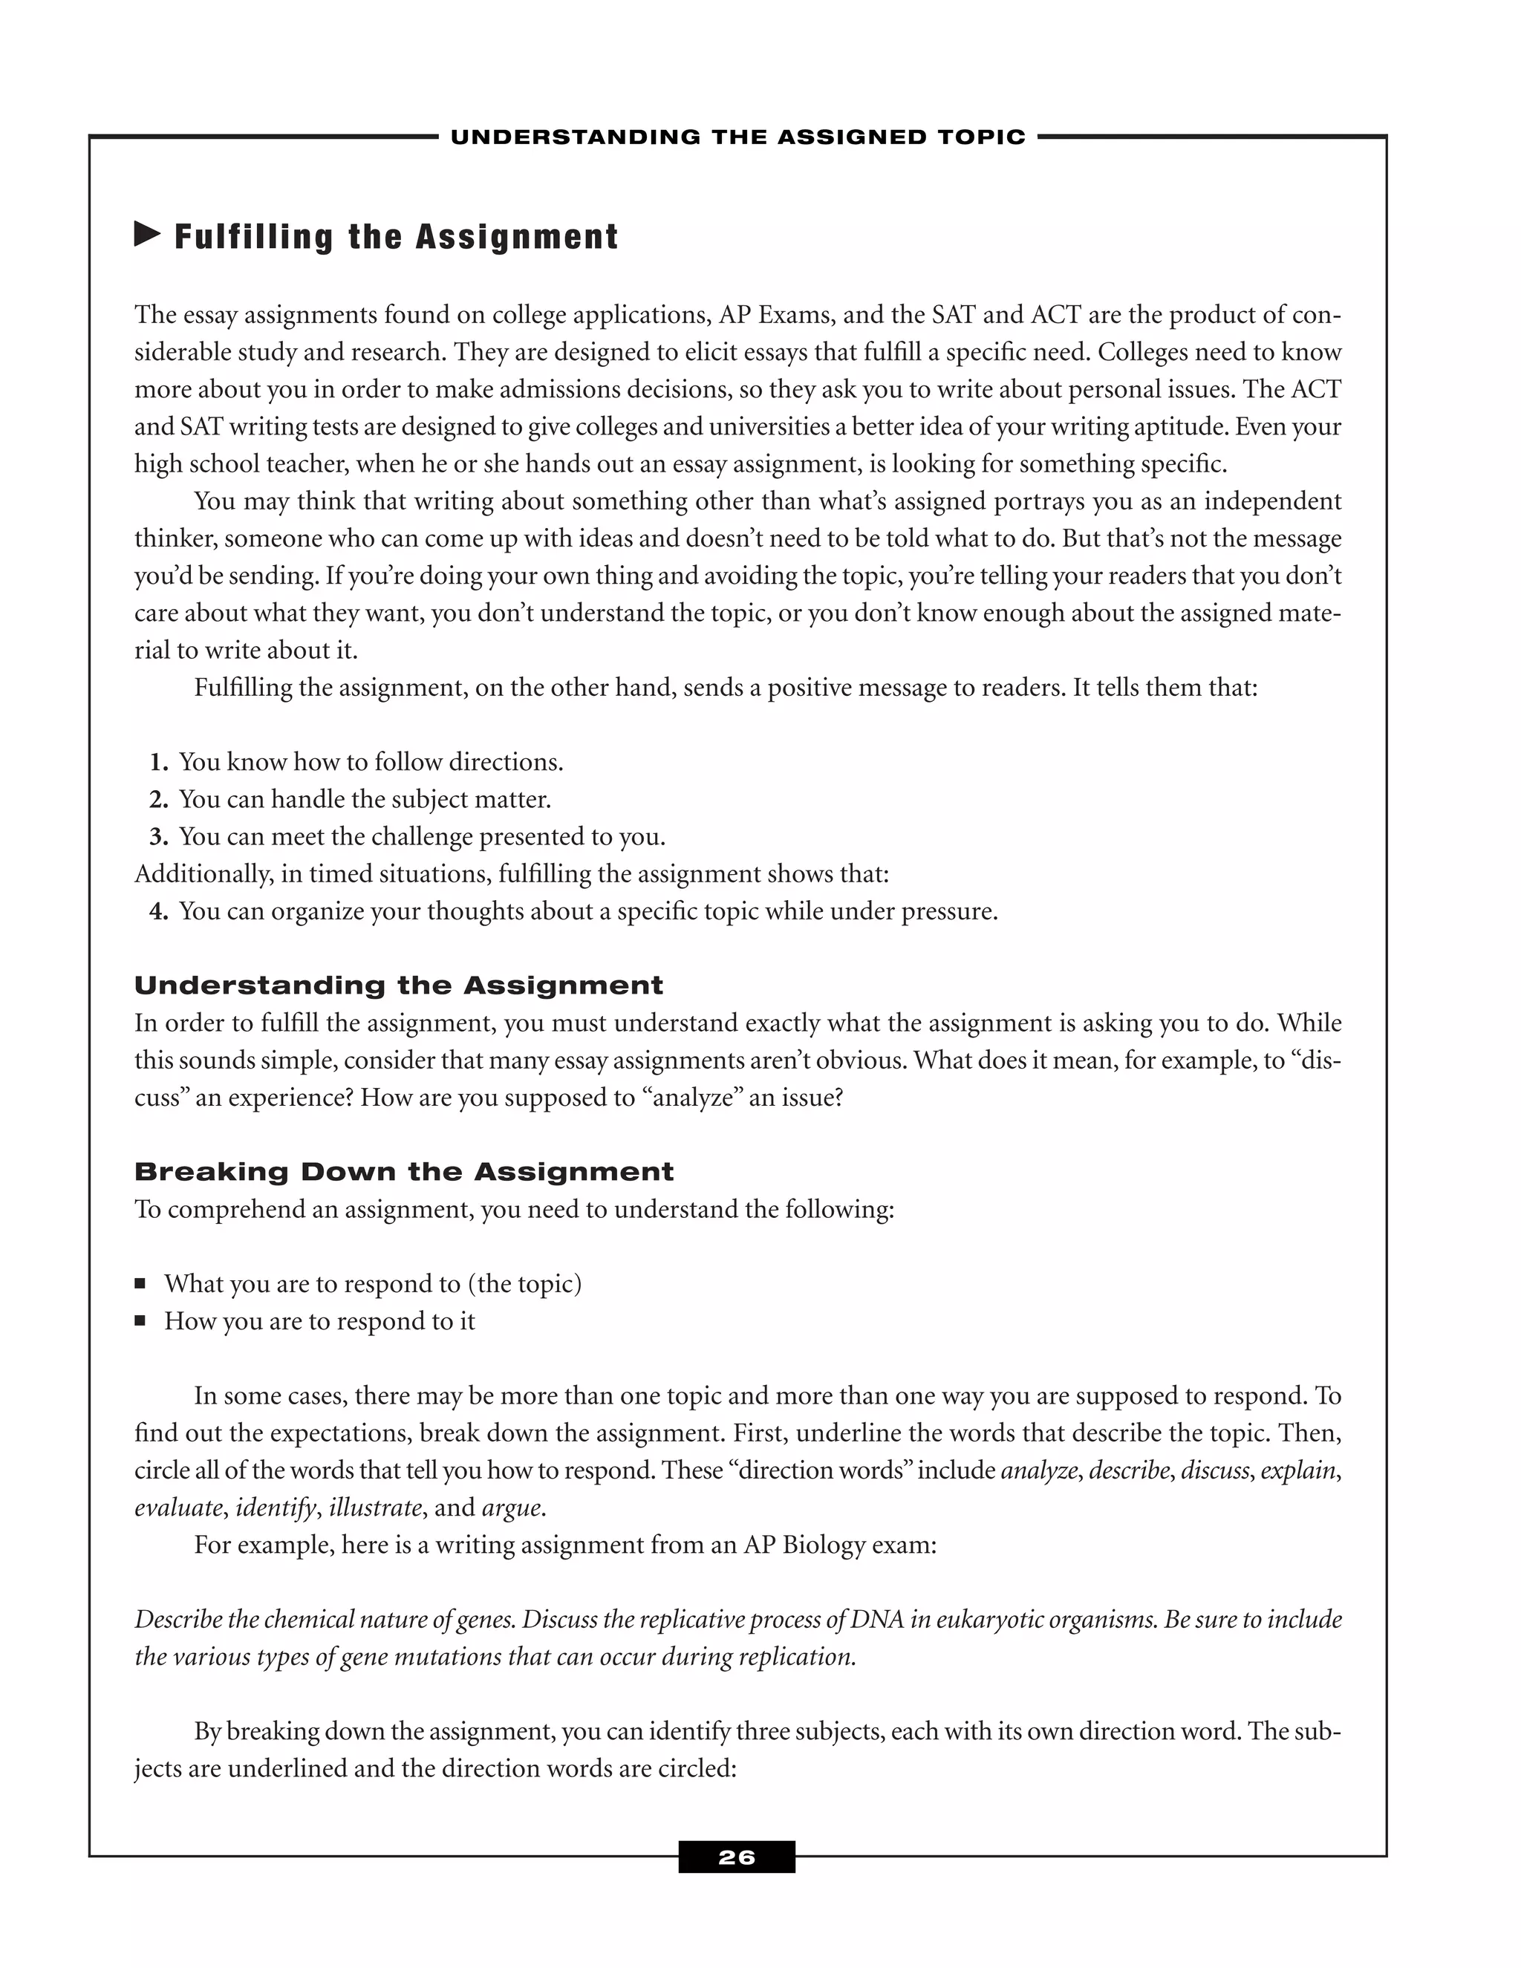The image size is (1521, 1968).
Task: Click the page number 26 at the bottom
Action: tap(736, 1857)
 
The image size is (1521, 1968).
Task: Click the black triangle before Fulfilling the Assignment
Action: tap(147, 235)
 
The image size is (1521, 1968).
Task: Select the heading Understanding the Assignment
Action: tap(398, 985)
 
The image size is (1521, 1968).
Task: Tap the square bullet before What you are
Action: tap(140, 1283)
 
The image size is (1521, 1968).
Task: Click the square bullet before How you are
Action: tap(140, 1321)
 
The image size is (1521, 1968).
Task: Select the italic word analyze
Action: tap(1039, 1470)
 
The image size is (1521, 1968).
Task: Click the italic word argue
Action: tap(512, 1508)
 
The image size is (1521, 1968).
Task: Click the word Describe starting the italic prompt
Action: tap(178, 1619)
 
